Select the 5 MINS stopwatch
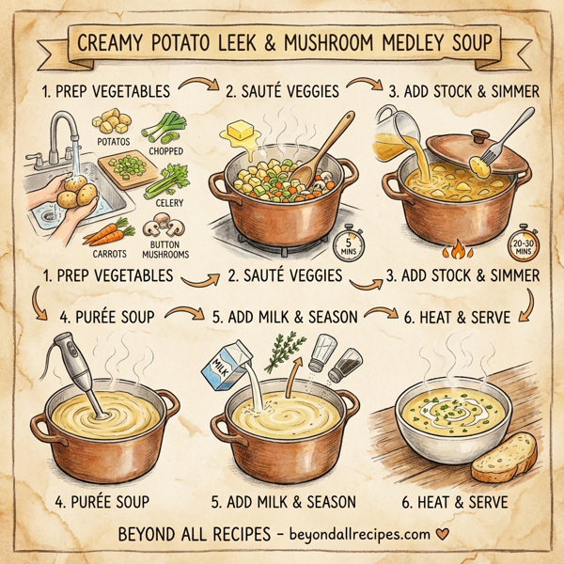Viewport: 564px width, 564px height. coord(345,246)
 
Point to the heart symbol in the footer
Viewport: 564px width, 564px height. coord(438,537)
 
